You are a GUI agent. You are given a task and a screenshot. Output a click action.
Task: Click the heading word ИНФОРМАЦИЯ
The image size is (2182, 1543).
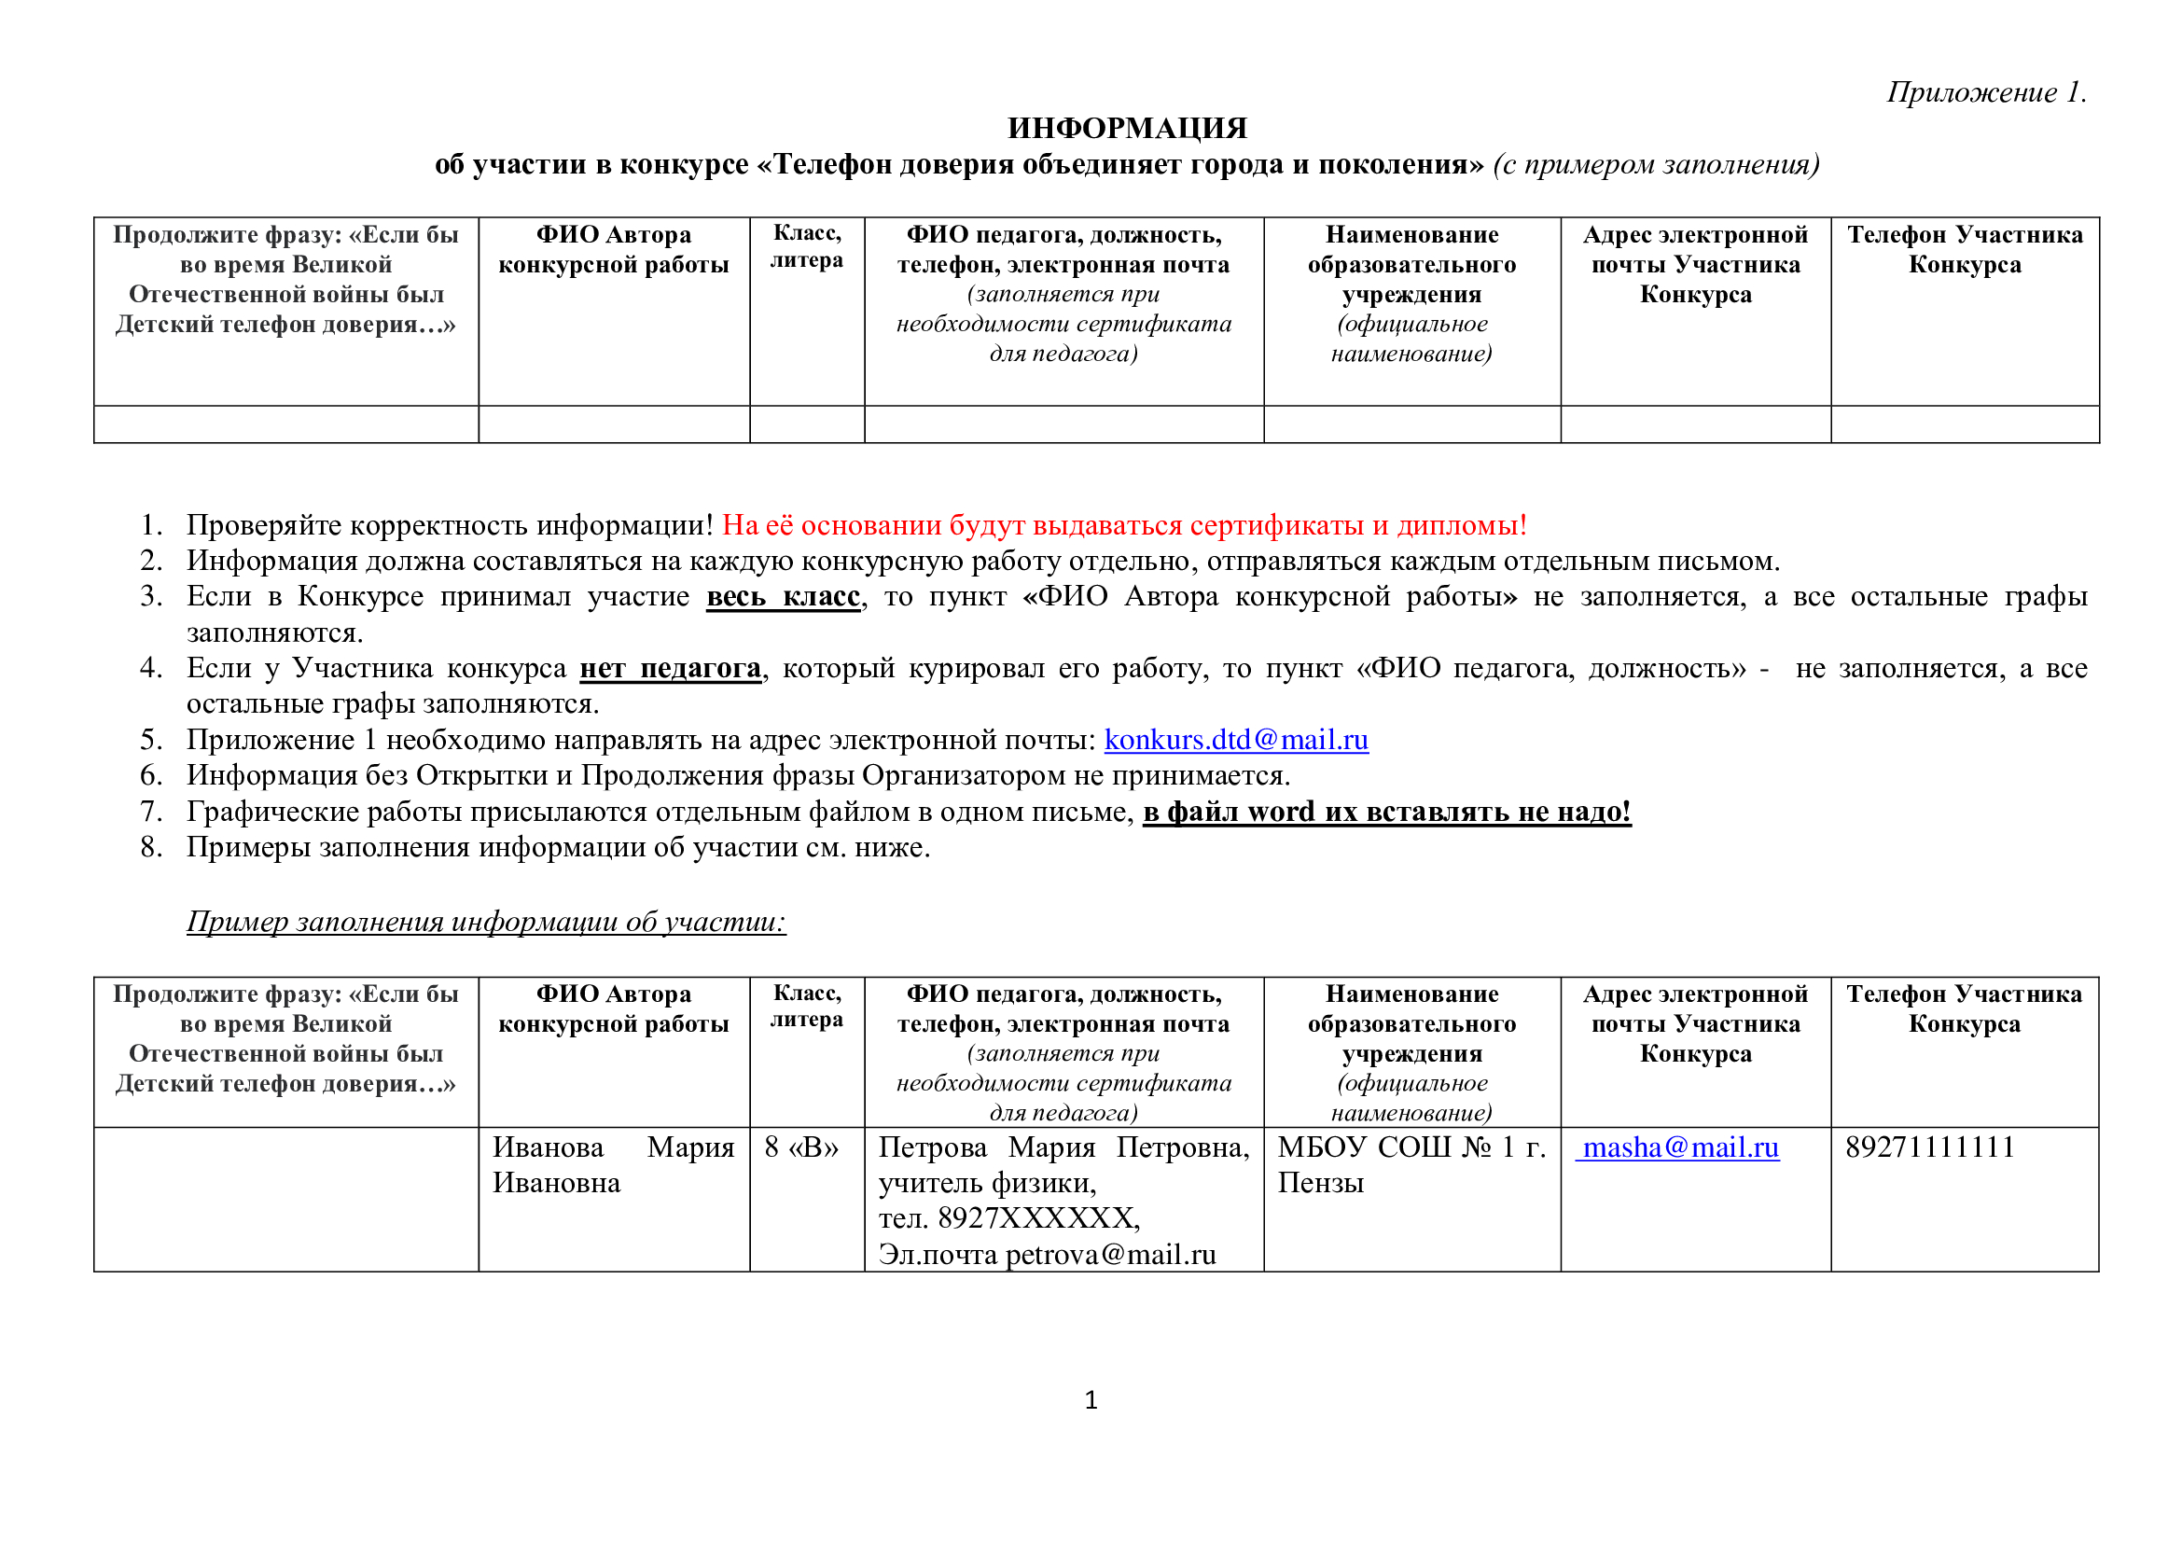(1127, 128)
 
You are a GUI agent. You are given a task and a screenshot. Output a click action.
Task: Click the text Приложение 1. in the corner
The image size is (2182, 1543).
(1986, 92)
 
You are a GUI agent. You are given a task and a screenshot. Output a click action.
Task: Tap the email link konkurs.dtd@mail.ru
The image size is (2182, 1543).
(1235, 740)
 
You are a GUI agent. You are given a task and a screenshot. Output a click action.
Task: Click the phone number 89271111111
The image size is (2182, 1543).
(1929, 1147)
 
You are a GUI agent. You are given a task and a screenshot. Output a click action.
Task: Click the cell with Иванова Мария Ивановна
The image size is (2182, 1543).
(613, 1165)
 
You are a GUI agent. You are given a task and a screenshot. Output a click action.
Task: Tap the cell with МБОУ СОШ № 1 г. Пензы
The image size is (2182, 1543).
(1411, 1165)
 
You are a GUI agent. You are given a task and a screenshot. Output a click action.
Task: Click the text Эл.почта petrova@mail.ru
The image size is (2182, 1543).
(1047, 1255)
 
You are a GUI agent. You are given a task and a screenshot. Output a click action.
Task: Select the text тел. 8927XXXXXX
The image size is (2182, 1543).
(1008, 1219)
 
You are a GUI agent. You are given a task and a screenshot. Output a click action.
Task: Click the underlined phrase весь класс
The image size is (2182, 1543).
(783, 597)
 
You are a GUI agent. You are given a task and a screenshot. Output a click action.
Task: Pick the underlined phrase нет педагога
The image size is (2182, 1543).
(670, 669)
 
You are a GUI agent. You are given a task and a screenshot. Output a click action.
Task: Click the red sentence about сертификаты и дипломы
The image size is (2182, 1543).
(1124, 525)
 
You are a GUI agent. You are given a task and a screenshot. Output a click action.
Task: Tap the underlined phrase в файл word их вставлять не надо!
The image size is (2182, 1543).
(1386, 813)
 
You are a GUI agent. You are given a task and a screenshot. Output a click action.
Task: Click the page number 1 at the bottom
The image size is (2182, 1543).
(1091, 1400)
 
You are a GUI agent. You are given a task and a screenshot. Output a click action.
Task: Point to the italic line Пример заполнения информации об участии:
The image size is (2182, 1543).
(486, 922)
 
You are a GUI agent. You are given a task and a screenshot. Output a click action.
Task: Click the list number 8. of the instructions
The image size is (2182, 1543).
(151, 847)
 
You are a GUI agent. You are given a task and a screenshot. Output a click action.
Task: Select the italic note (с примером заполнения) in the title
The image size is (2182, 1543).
(1656, 165)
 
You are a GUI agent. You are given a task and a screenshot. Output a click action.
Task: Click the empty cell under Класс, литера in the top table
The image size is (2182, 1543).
(807, 424)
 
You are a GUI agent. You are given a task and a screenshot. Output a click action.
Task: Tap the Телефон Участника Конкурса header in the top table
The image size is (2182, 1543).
(1965, 250)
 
